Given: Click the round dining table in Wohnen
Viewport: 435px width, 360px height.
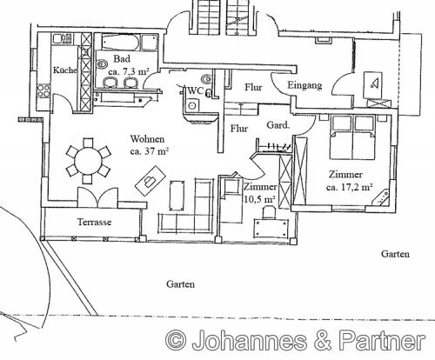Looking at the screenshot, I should [x=89, y=159].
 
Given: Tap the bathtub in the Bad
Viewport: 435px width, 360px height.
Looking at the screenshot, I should [x=117, y=42].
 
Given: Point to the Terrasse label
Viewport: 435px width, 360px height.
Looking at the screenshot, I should [x=94, y=222].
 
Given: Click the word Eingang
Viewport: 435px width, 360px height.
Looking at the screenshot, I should [x=304, y=85].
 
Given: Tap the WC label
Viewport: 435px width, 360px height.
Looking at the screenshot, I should [x=197, y=90].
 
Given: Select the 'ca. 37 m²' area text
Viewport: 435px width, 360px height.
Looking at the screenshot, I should [x=150, y=150].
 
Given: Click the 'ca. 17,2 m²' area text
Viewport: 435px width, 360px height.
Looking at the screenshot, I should [x=350, y=186].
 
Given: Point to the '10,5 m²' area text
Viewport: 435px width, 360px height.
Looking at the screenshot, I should [x=258, y=199].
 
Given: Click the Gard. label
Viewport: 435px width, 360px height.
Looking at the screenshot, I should [x=277, y=123].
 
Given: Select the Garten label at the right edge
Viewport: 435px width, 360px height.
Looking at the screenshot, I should [x=396, y=253].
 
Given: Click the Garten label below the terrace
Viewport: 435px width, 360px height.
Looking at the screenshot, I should [x=180, y=284].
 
